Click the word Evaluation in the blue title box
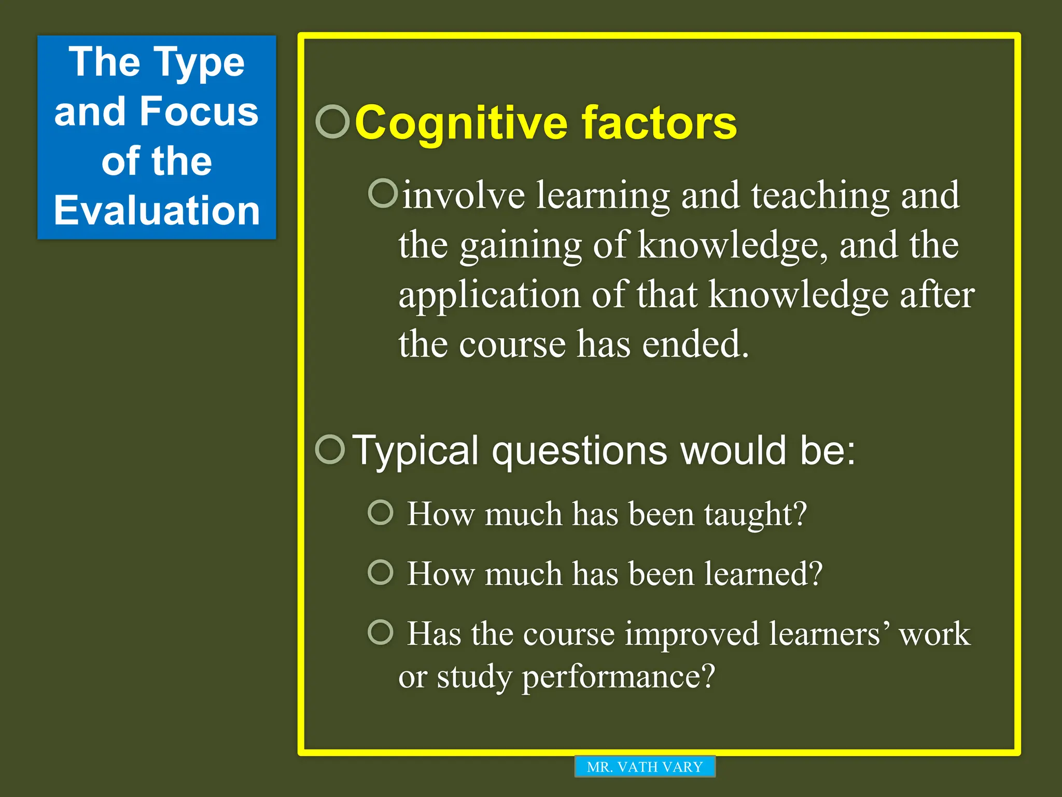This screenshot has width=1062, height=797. click(157, 211)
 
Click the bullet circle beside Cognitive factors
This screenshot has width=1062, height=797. click(332, 122)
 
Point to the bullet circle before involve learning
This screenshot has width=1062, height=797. click(383, 193)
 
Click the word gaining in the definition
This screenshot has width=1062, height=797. click(520, 246)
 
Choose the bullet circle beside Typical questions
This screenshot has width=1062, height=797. click(330, 449)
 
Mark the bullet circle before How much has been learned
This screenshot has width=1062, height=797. click(381, 572)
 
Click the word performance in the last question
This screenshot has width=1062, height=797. click(618, 677)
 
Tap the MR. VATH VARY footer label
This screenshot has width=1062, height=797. click(645, 766)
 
